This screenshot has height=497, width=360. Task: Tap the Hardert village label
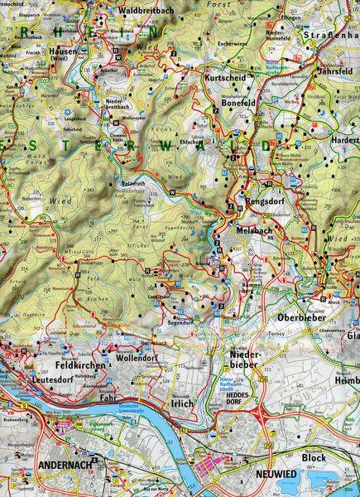click(345, 140)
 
